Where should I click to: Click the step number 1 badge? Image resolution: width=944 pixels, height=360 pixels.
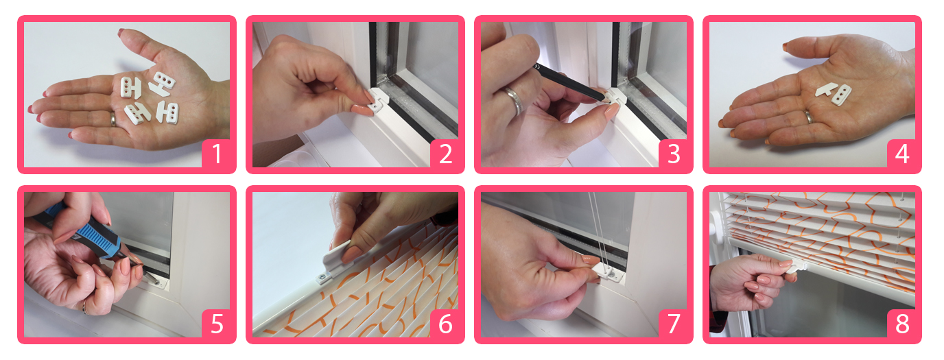[216, 154]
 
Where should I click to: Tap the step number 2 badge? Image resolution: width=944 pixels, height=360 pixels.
[445, 154]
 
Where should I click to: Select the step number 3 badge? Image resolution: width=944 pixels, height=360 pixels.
[673, 154]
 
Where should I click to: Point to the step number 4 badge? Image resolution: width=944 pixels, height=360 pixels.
[901, 154]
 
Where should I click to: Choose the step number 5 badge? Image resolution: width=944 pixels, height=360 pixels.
[216, 324]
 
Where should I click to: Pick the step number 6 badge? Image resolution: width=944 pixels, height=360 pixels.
[445, 324]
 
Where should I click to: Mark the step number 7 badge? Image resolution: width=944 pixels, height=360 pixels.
[673, 324]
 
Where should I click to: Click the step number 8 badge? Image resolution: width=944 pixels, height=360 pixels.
[901, 324]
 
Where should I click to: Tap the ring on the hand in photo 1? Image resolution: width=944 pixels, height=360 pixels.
[113, 119]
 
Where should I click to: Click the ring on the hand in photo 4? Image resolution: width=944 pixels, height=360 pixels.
[809, 117]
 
